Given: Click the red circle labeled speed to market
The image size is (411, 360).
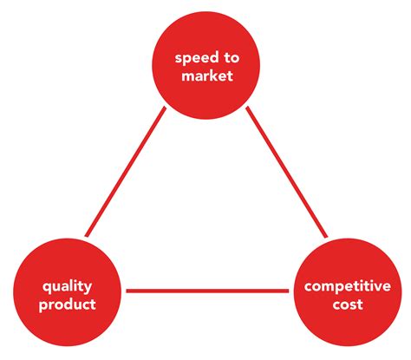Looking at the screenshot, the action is tap(206, 65).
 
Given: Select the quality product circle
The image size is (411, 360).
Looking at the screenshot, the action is tap(67, 292).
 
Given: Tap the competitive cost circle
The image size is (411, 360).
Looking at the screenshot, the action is tap(348, 292).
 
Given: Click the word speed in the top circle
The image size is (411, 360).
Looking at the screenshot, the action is tap(197, 59).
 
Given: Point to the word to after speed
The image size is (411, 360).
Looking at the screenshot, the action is tap(232, 58).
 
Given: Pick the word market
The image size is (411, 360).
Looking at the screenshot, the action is tap(207, 75).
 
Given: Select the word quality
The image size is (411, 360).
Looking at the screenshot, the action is tap(67, 287).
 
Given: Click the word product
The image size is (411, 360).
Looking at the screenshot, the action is tap(68, 304).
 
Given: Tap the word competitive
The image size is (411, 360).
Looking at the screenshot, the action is tap(348, 286).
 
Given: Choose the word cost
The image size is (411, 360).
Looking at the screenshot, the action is tap(348, 304).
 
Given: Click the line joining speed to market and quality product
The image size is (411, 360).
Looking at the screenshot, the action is tap(126, 172).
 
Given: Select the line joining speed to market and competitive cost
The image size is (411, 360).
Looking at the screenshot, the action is tap(287, 172).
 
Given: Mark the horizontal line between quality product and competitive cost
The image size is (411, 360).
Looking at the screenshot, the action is tap(207, 291).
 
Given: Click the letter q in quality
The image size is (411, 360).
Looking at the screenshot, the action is tap(47, 288).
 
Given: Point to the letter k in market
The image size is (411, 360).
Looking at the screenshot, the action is tap(214, 75).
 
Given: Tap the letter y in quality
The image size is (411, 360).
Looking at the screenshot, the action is tap(88, 289).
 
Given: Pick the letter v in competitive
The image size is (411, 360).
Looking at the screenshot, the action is tap(379, 287).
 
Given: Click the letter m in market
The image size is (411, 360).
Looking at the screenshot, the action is tap(188, 77).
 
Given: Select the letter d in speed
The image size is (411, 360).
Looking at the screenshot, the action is tap(214, 58).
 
